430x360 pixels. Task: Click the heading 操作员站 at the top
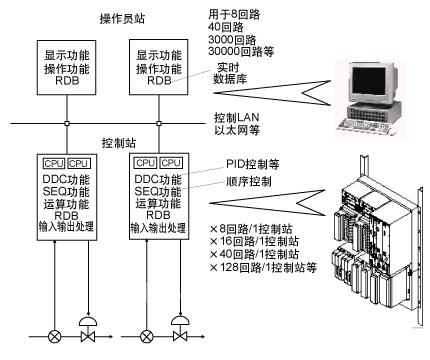122,18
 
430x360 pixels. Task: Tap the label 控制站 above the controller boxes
119,143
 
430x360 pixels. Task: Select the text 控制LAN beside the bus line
236,117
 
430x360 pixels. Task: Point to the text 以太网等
237,130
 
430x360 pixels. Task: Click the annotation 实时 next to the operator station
228,67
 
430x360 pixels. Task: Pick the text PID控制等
253,164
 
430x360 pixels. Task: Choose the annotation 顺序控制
249,181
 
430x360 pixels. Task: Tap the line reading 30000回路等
241,51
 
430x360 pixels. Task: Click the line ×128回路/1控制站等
263,267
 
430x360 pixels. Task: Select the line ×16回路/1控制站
255,241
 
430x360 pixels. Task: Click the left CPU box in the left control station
54,164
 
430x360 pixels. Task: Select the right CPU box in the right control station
171,163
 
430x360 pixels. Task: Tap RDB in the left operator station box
67,81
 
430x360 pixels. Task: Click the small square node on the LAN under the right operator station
159,123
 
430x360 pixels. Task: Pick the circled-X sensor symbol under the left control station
54,337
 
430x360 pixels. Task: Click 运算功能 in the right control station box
158,203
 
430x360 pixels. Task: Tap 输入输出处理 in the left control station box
66,227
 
